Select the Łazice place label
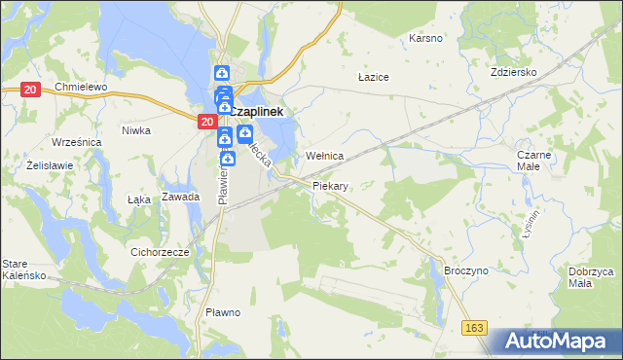point(374,76)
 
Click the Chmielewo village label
point(80,88)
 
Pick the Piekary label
point(331,184)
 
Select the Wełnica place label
point(325,156)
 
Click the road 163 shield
point(474,329)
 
